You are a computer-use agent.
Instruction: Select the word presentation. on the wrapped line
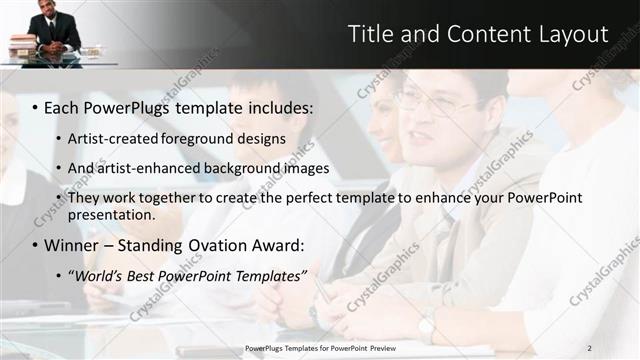(111, 214)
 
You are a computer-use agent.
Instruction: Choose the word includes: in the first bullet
(276, 106)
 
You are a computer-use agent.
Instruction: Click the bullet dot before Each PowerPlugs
(34, 106)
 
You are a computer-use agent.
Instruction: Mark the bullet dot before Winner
(34, 245)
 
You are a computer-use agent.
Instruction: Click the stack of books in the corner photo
(22, 45)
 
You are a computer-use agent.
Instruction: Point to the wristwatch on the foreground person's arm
(427, 325)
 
